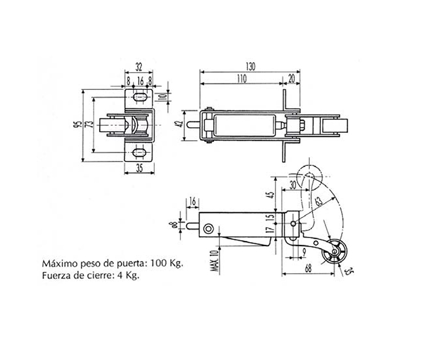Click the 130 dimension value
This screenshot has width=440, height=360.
(x=250, y=67)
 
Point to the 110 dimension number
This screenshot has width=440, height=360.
(x=242, y=79)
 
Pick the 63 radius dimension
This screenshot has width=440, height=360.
(x=319, y=201)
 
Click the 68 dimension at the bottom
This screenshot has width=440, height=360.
(x=308, y=268)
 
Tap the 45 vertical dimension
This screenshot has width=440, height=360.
(x=271, y=195)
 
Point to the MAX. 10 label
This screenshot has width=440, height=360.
(x=215, y=261)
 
